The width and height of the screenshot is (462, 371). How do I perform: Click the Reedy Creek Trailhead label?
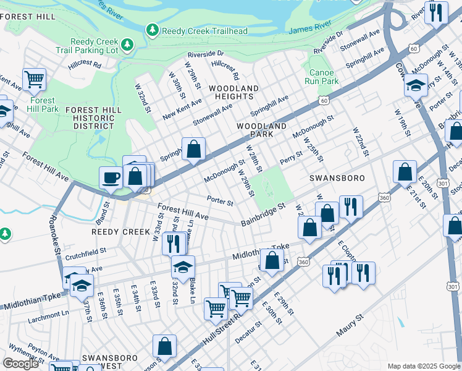point(204,31)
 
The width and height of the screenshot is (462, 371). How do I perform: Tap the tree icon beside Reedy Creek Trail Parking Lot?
point(127,44)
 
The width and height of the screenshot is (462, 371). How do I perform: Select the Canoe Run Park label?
point(322,76)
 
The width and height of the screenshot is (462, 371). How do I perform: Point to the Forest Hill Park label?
point(41,105)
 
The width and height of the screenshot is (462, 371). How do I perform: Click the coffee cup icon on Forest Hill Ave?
point(111,177)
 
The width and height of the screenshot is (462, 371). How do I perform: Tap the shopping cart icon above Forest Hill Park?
point(34,79)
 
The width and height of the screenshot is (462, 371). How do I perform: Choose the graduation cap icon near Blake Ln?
point(183,267)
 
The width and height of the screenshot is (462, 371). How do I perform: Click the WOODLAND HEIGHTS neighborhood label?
point(233,93)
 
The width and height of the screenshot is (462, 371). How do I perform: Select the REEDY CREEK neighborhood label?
point(121,232)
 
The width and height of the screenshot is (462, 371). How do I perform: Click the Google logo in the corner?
point(20,364)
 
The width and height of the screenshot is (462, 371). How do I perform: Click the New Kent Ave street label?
point(182,110)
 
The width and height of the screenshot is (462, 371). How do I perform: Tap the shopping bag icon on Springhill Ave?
point(193,149)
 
